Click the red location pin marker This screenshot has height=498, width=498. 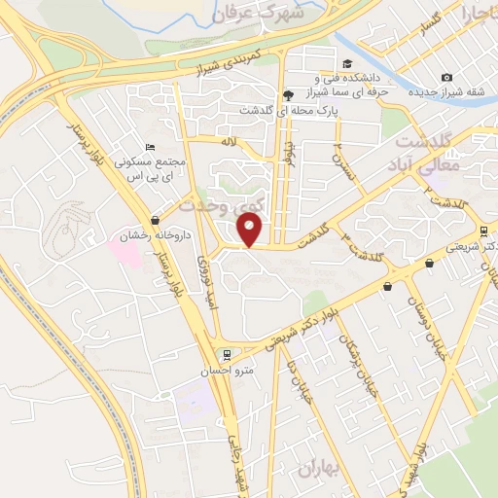click(x=251, y=230)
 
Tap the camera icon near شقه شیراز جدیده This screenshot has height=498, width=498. click(x=446, y=78)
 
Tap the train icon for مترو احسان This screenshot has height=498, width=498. click(x=226, y=355)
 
